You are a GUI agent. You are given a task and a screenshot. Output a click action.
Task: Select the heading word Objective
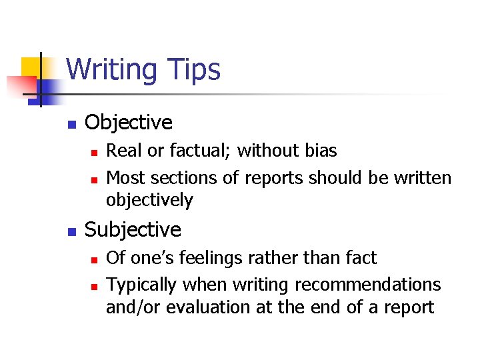point(129,123)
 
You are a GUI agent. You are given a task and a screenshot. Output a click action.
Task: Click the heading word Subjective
point(133,230)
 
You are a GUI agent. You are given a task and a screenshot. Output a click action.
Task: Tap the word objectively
point(149,200)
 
